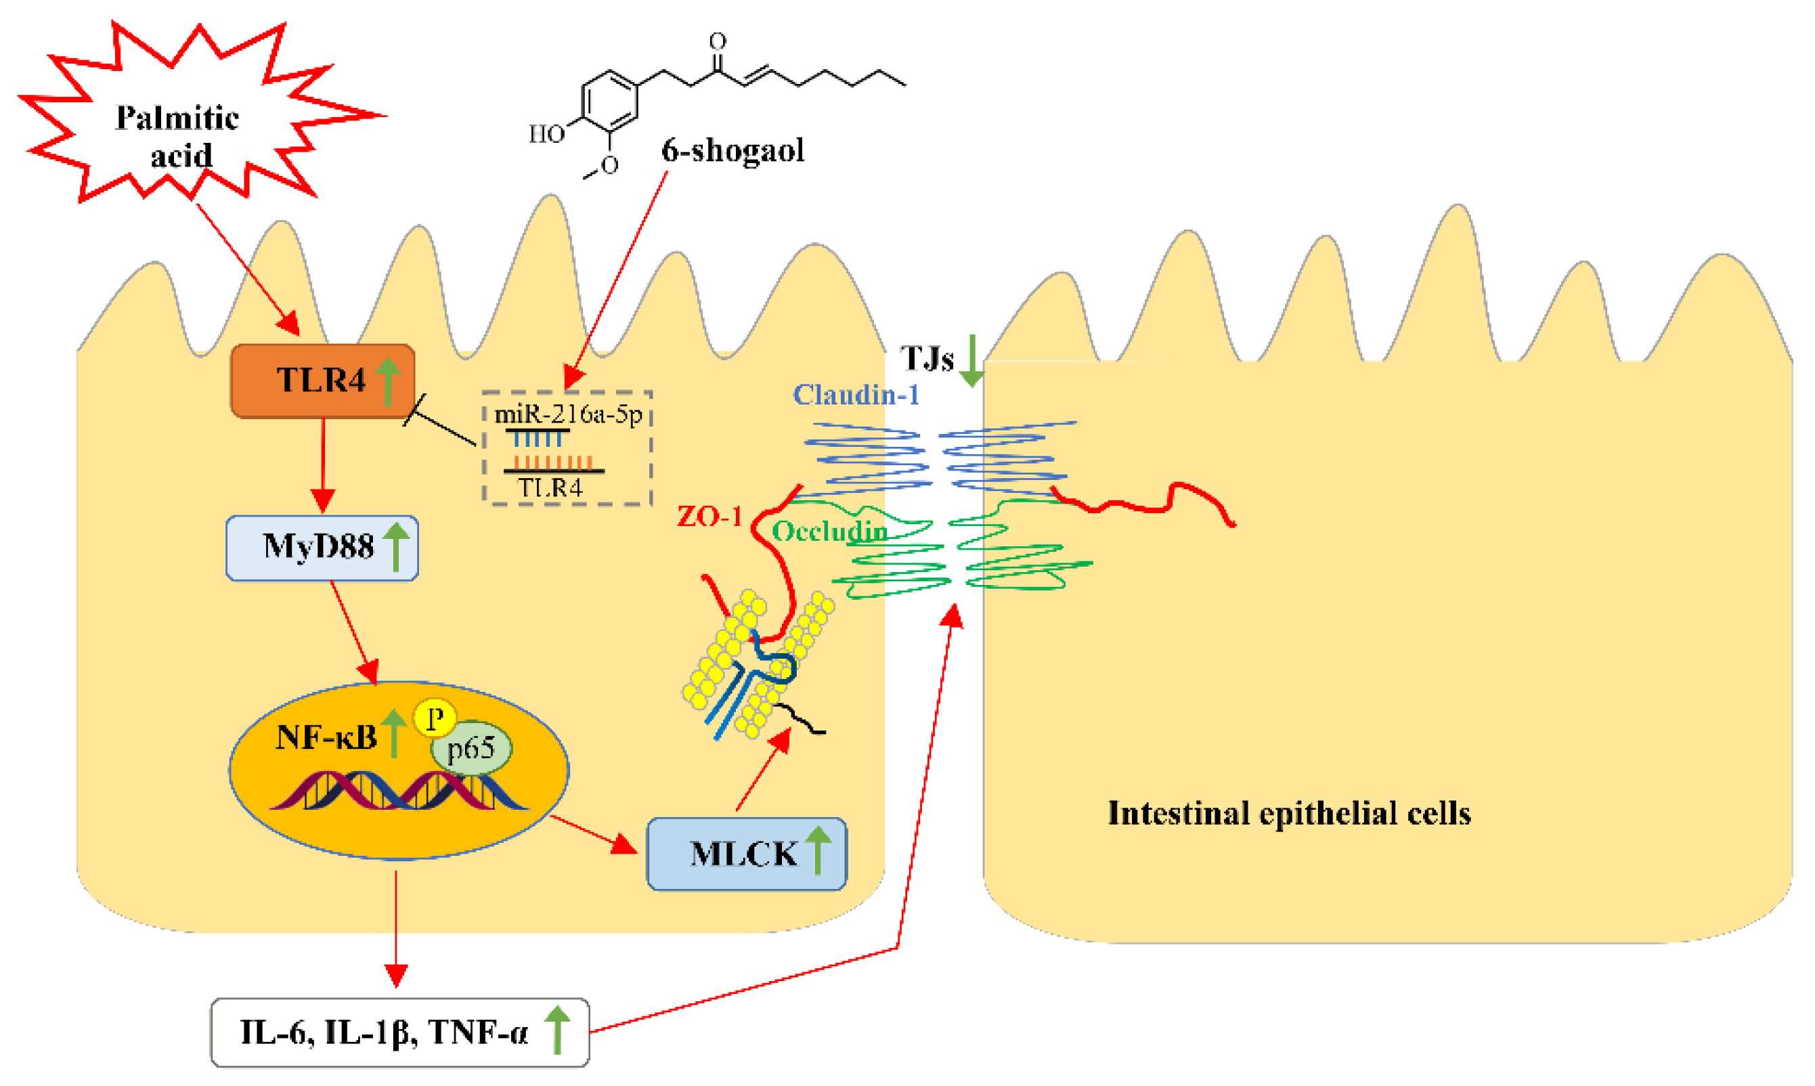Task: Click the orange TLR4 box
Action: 322,381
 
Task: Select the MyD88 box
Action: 322,547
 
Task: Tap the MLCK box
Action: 746,854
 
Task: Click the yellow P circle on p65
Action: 435,718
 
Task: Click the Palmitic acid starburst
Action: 178,135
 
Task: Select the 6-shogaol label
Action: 732,150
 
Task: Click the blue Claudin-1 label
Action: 856,395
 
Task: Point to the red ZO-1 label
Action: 709,517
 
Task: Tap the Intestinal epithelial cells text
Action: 1289,814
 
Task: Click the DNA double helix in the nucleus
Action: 399,791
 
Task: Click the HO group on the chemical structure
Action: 546,134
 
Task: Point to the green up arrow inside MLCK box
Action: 817,850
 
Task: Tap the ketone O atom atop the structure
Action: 718,40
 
